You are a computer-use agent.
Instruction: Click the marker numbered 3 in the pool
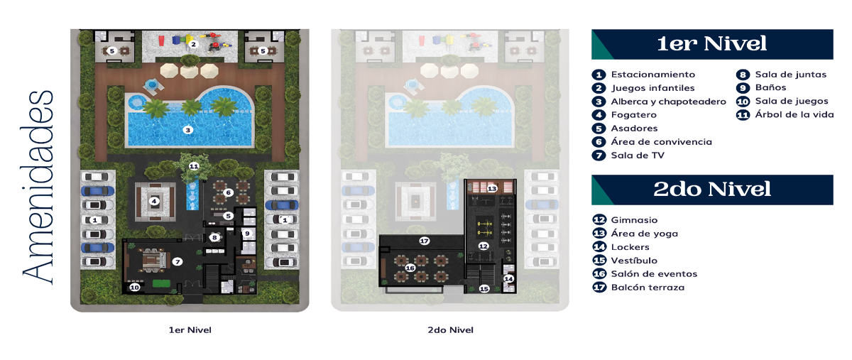(188, 130)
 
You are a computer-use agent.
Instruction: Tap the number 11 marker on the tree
(194, 166)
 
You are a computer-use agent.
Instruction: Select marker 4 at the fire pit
(154, 201)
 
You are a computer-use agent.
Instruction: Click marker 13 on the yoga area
(492, 188)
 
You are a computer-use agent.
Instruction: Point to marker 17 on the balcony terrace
(424, 241)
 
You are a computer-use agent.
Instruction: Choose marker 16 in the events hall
(410, 268)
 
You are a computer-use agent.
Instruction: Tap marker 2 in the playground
(193, 44)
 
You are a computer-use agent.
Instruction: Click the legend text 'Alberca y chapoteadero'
(668, 102)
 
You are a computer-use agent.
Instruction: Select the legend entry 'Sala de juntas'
(791, 75)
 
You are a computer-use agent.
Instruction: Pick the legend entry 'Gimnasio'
(634, 220)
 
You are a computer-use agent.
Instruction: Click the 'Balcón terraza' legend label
(648, 288)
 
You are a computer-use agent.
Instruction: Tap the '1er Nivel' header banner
(712, 44)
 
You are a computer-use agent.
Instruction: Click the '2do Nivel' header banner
(712, 190)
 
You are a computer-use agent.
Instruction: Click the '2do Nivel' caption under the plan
(450, 330)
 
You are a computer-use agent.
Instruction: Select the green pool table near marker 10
(160, 283)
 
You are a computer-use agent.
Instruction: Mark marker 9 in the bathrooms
(247, 234)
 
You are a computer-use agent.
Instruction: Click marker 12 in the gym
(484, 246)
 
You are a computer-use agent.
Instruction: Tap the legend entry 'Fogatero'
(633, 115)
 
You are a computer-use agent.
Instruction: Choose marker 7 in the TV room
(177, 261)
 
